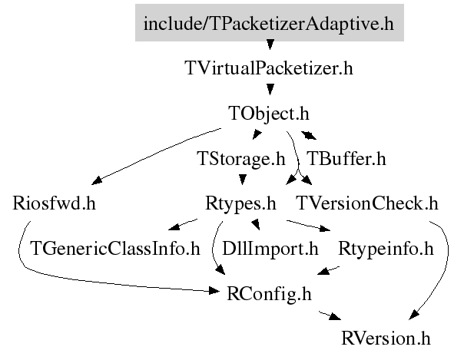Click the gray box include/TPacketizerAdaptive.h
pos(270,23)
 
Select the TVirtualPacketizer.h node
pos(269,68)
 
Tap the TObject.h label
pos(269,114)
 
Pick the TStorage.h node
pos(241,159)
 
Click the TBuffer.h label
pos(346,159)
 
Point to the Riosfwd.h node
pos(54,203)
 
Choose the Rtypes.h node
pos(240,204)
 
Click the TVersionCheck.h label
pos(367,203)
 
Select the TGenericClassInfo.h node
pos(115,249)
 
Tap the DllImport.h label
pos(270,249)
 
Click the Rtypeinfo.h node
pos(386,249)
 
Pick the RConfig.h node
pos(269,294)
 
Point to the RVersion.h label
pos(386,339)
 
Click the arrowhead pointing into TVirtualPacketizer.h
pos(270,45)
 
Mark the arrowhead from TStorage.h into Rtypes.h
pos(243,180)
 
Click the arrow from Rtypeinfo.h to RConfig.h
pos(329,270)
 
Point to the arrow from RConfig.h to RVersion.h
pos(330,315)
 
